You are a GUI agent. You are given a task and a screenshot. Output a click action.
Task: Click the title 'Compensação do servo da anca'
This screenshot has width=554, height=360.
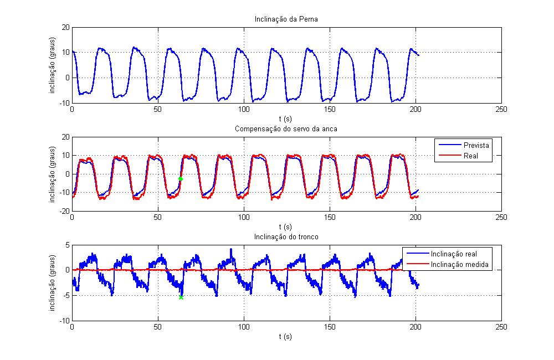286,129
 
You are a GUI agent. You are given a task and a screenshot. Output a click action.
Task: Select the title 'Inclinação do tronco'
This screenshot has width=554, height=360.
286,237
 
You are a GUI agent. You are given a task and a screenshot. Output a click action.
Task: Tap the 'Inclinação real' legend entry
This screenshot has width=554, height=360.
456,254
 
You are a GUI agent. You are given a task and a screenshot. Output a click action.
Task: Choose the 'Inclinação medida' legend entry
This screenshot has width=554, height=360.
459,264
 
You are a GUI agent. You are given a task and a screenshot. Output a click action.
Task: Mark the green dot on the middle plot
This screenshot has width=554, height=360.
181,179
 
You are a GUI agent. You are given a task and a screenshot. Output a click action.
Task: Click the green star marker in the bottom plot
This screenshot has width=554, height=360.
181,297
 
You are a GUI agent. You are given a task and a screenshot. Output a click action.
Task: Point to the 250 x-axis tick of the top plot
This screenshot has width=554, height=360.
501,110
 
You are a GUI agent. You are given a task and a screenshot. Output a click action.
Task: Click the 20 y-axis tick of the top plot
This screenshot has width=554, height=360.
65,27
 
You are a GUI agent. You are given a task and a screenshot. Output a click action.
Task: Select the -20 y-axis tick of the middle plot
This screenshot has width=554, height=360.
64,211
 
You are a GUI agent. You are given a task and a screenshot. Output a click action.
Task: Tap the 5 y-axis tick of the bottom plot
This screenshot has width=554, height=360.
67,245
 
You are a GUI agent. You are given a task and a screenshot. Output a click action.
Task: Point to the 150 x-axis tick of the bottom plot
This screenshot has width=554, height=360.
330,327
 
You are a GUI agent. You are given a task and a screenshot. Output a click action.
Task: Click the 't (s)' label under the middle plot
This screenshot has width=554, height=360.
286,227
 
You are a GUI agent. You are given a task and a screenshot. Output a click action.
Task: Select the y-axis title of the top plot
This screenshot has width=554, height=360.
53,65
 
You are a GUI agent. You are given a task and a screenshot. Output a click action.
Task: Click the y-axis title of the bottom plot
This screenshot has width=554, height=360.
53,282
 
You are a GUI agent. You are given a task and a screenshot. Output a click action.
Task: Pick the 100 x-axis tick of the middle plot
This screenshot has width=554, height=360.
244,218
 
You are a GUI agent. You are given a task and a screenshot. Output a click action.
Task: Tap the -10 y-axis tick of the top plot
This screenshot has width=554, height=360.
64,102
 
